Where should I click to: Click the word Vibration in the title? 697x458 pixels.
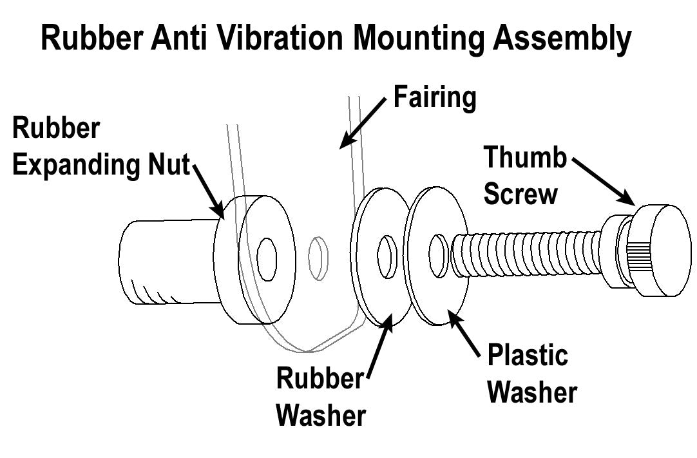280,39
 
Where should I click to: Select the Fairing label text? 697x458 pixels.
434,98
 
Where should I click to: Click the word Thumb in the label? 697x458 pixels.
524,158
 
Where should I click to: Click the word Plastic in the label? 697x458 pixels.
528,356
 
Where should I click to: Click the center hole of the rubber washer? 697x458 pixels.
387,258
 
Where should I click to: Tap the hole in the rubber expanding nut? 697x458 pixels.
267,259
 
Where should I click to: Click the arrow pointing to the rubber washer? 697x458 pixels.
379,348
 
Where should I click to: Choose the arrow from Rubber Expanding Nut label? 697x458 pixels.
208,191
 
